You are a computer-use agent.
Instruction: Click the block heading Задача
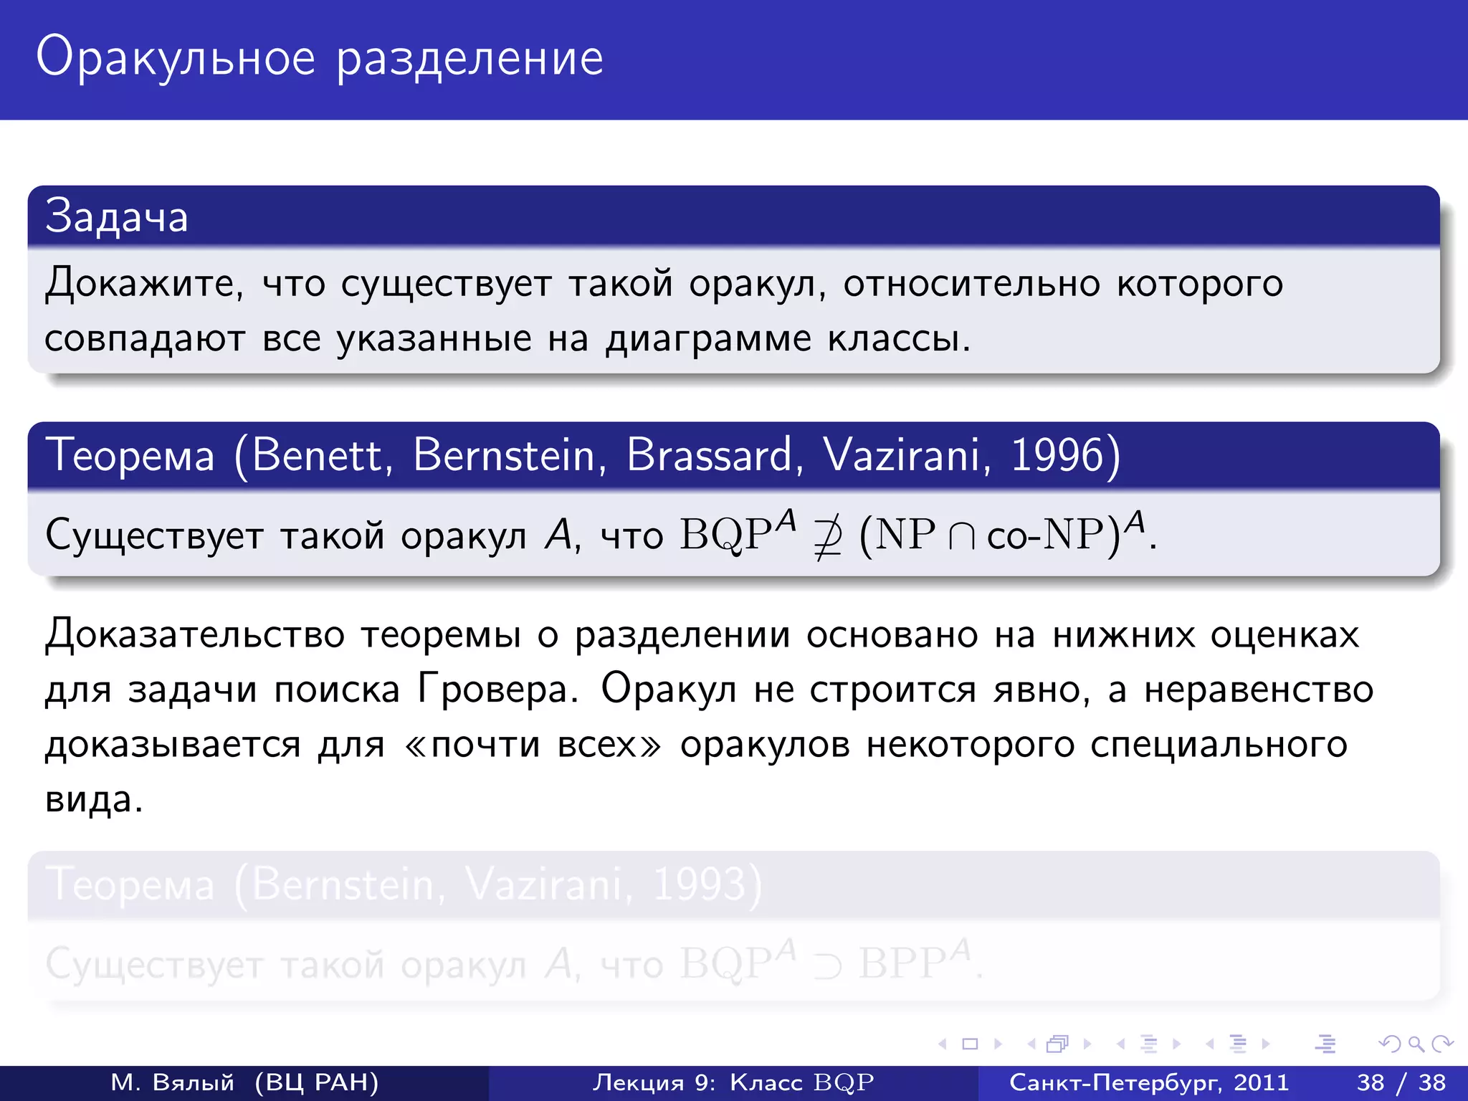pos(116,216)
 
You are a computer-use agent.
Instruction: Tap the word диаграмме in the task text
pos(708,338)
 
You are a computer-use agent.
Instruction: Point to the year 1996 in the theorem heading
pos(1058,455)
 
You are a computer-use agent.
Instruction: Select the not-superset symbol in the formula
pos(827,536)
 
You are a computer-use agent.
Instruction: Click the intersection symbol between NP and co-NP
pos(961,536)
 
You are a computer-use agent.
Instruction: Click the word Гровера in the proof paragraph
pos(498,690)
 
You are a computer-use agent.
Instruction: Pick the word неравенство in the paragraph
pos(1259,690)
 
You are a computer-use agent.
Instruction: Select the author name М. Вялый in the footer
pos(173,1082)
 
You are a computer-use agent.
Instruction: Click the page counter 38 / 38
pos(1401,1082)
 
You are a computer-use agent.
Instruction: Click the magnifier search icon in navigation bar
pos(1416,1044)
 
